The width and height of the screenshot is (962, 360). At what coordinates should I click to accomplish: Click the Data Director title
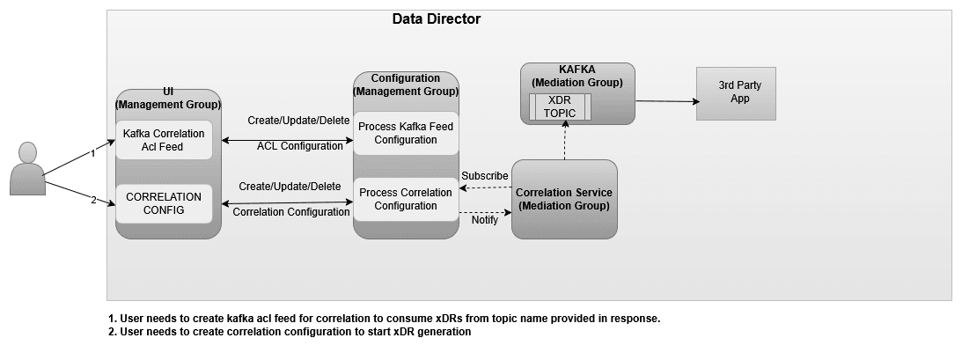(x=437, y=18)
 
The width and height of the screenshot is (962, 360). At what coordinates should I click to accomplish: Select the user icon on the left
(x=27, y=169)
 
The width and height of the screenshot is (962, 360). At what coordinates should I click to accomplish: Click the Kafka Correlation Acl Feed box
(x=165, y=140)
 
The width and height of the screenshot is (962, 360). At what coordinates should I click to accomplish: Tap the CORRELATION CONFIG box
(x=164, y=202)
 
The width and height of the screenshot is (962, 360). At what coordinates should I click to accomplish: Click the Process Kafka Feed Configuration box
(x=406, y=133)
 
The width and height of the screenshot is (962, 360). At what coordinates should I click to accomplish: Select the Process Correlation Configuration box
(x=406, y=199)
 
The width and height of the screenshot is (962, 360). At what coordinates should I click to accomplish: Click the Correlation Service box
(x=564, y=199)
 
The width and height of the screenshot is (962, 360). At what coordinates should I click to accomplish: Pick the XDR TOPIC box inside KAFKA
(x=560, y=107)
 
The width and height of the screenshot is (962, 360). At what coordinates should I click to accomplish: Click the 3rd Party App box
(x=736, y=92)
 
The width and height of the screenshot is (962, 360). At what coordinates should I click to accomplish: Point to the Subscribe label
(x=485, y=176)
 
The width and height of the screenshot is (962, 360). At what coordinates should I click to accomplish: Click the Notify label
(x=485, y=220)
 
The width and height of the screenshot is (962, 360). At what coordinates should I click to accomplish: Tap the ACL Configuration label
(x=299, y=146)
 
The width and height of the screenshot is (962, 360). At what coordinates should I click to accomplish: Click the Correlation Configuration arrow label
(x=290, y=212)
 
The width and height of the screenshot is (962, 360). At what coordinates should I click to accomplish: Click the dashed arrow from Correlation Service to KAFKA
(x=564, y=141)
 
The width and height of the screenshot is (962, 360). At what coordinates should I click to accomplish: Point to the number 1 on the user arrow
(x=92, y=153)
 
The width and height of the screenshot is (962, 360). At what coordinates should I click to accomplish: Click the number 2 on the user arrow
(x=92, y=200)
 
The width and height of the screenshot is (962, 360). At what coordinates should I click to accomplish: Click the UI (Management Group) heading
(x=167, y=98)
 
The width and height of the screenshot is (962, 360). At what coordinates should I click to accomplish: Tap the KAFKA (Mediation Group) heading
(x=577, y=76)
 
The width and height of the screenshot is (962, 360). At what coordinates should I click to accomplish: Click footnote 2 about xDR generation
(x=290, y=332)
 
